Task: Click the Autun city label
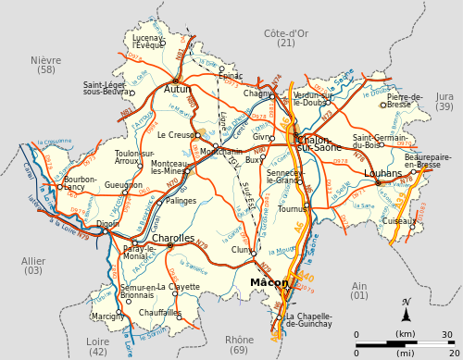(x=178, y=90)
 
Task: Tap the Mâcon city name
(x=269, y=282)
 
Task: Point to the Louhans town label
(x=383, y=173)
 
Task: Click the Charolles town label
(x=173, y=238)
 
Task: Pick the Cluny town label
(x=242, y=249)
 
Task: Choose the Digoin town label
(x=107, y=223)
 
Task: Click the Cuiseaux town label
(x=399, y=220)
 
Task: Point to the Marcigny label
(x=108, y=316)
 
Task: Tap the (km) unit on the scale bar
(x=406, y=333)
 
